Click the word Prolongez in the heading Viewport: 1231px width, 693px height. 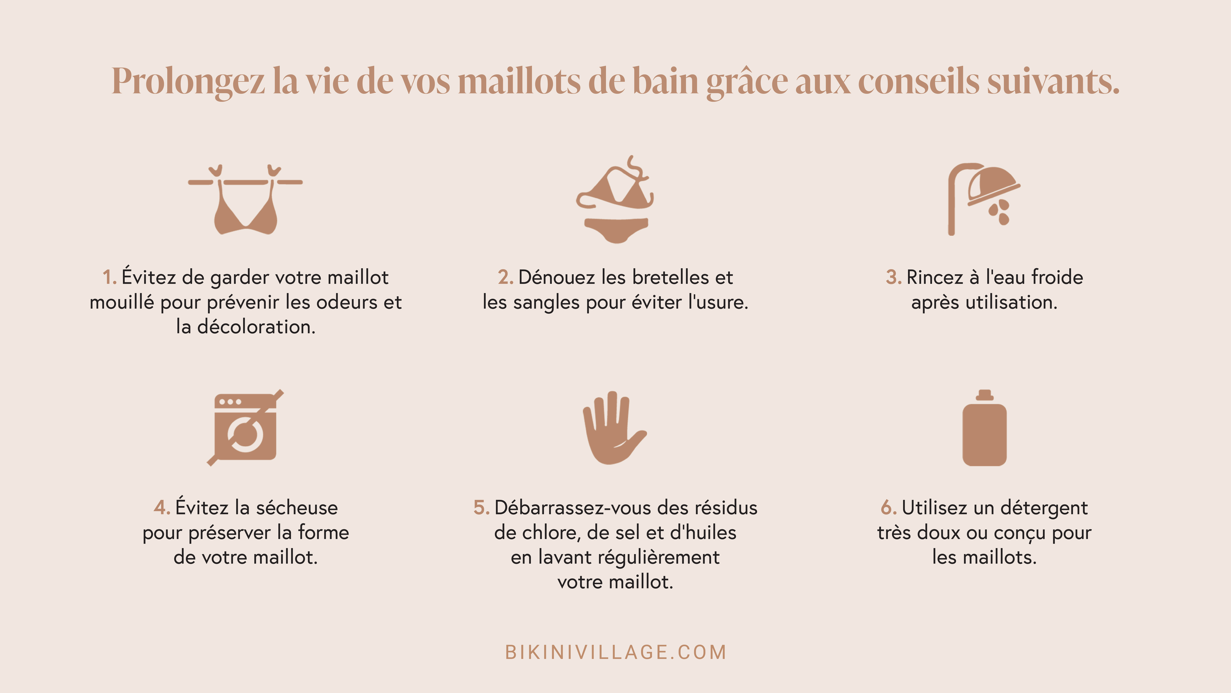(188, 81)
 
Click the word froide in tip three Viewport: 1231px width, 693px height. (1057, 277)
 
